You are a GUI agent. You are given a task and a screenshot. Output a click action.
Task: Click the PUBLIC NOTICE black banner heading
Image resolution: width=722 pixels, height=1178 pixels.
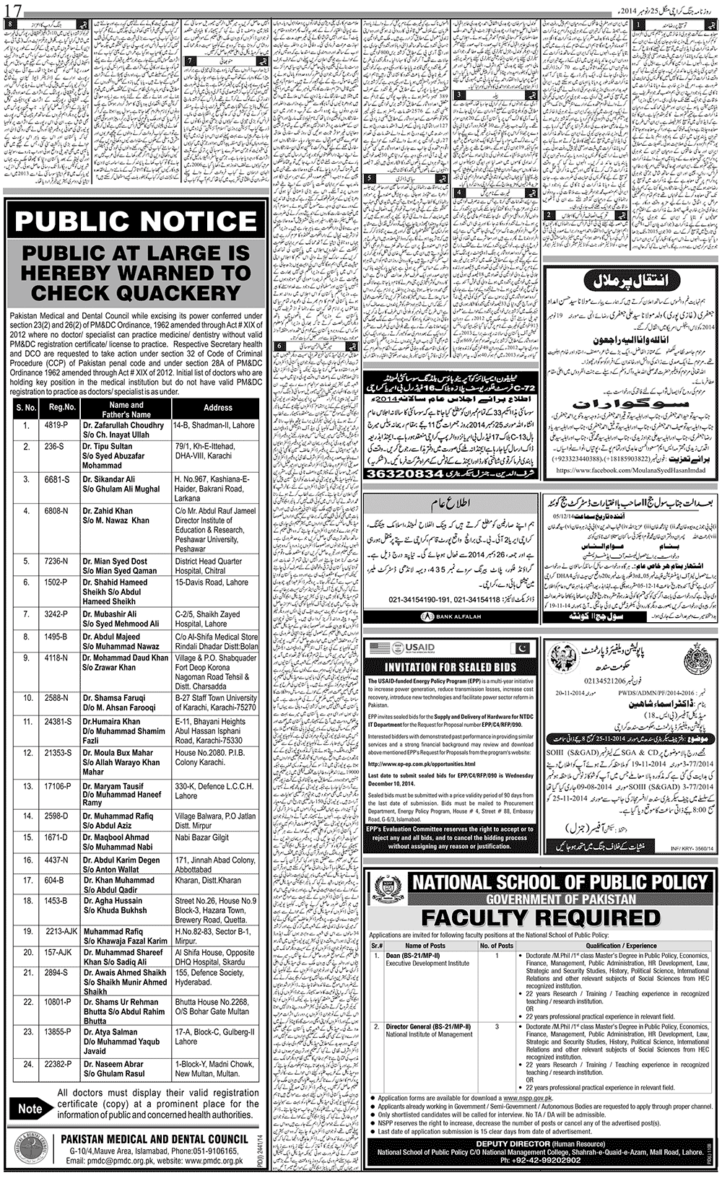coord(136,222)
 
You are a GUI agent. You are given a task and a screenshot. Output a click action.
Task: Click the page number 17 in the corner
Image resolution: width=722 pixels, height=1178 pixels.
coord(14,11)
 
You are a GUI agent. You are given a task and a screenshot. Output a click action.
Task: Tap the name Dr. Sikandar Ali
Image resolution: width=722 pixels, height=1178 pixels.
coord(108,479)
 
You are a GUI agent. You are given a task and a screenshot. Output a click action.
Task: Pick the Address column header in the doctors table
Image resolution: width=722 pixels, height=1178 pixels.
coord(217,408)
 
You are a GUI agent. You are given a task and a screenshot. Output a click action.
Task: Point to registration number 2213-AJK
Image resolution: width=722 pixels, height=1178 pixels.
coord(61,932)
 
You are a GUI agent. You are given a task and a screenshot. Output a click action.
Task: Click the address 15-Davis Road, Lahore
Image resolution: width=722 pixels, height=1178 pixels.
coord(211,583)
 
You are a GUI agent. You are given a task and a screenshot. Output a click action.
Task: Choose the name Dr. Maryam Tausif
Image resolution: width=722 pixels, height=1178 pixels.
coord(113,786)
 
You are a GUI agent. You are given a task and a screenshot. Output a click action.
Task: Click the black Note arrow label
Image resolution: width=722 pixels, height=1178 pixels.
coord(32,1109)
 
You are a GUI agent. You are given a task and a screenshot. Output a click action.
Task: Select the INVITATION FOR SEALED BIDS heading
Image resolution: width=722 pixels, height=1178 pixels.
coord(450,667)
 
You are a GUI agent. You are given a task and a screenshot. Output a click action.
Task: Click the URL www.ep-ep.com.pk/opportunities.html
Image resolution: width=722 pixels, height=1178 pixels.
coord(422,764)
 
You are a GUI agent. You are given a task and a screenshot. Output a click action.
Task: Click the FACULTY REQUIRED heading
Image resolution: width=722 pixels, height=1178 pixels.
coord(541,917)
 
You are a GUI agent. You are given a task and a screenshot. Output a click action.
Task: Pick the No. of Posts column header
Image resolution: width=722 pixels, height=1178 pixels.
coord(496,945)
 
